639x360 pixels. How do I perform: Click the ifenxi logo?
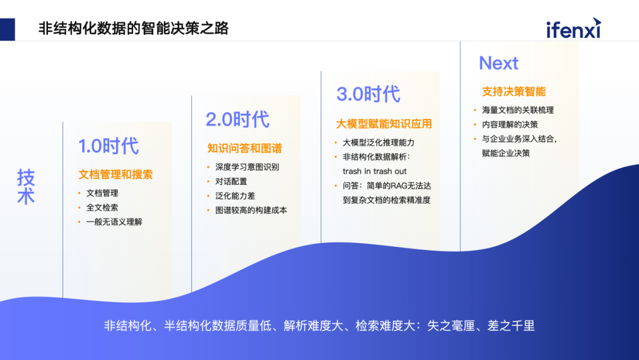click(x=573, y=28)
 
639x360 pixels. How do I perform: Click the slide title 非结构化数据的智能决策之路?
click(x=133, y=28)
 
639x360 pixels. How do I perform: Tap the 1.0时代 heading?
click(x=108, y=146)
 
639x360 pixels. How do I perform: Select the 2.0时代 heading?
click(x=237, y=119)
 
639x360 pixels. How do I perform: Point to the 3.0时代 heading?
click(x=368, y=94)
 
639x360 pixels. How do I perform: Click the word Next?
click(x=498, y=63)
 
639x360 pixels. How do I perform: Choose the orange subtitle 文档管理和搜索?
click(x=115, y=175)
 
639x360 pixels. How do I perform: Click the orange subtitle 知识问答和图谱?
click(x=244, y=148)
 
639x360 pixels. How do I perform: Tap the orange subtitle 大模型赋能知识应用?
click(x=384, y=124)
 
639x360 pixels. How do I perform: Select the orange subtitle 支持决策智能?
click(x=514, y=92)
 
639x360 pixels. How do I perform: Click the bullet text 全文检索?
click(x=102, y=207)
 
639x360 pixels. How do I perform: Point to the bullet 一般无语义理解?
click(x=114, y=221)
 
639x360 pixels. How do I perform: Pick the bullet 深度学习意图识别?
click(x=247, y=167)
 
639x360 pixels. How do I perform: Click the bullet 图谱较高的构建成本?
click(x=251, y=210)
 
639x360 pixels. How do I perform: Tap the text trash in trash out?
click(x=375, y=171)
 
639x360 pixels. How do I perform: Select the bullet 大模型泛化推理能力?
click(x=379, y=143)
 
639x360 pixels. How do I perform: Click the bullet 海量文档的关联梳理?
click(x=518, y=110)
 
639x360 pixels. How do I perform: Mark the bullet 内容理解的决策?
click(x=509, y=124)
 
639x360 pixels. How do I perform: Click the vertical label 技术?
click(x=25, y=187)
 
